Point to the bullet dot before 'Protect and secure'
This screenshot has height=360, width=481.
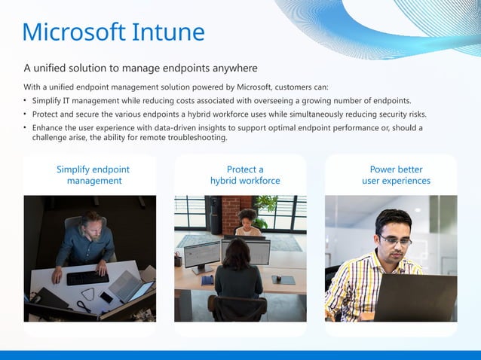[26, 114]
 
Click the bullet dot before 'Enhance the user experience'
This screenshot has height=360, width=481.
[26, 128]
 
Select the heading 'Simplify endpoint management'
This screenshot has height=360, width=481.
[93, 175]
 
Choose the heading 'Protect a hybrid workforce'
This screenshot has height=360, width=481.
[245, 175]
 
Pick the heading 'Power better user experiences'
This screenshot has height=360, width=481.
[396, 175]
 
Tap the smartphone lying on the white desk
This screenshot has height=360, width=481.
[106, 297]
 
